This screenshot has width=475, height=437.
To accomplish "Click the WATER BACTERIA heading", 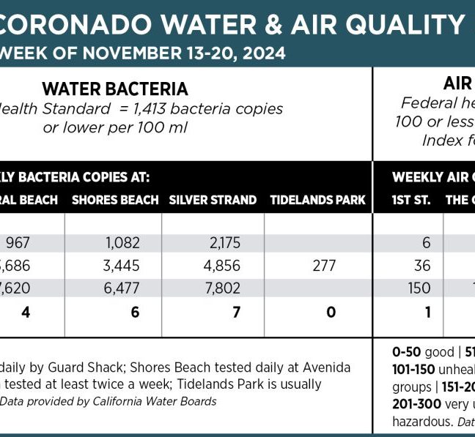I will (115, 89).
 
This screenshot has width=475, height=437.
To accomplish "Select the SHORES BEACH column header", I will (115, 200).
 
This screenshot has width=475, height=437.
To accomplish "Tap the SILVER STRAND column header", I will (213, 200).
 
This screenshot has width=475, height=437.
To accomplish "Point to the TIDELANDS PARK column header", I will (317, 200).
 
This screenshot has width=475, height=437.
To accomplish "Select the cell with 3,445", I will (122, 265).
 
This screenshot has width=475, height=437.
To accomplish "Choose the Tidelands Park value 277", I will (323, 265).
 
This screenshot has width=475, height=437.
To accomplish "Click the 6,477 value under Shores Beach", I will (122, 288).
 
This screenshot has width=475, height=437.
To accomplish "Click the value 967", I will (15, 242).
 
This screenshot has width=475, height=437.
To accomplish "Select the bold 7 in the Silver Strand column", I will (231, 312).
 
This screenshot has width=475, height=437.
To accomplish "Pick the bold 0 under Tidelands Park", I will (331, 312).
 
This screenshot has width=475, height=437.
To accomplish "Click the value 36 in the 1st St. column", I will (421, 265).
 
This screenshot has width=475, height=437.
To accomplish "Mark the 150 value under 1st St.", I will (419, 288).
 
